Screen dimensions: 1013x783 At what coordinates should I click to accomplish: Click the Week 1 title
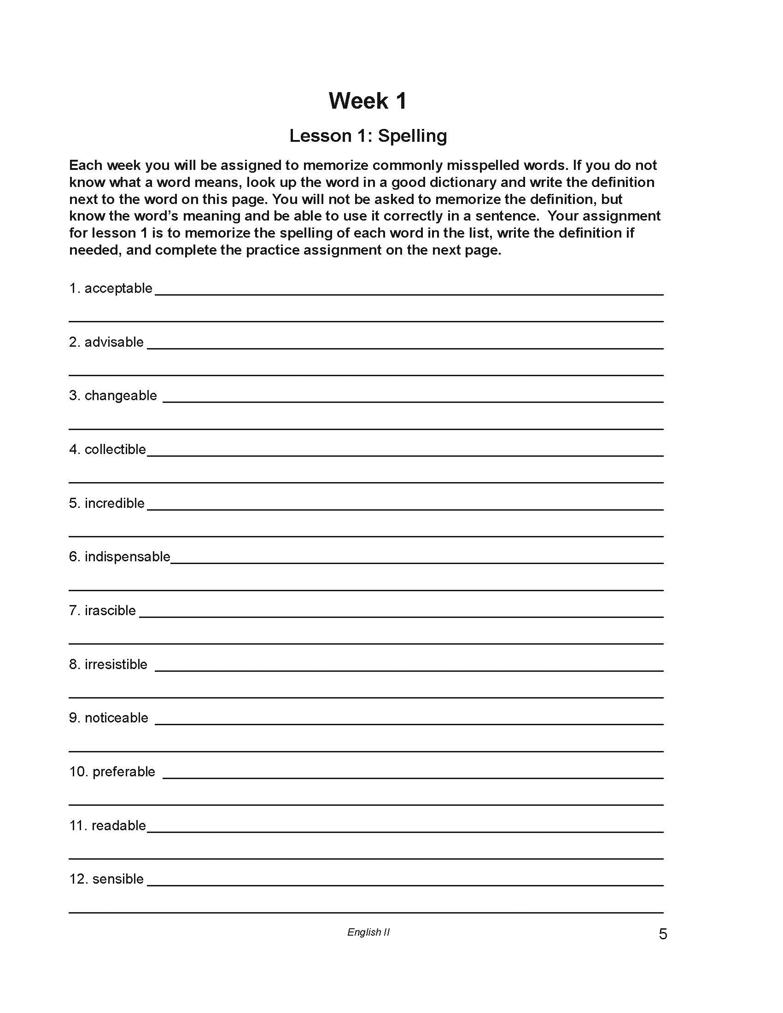tap(368, 101)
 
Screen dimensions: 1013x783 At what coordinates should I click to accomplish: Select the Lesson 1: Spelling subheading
tap(368, 136)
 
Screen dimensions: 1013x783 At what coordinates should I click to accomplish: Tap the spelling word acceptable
tap(118, 289)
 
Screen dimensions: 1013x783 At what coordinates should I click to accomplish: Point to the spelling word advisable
tap(114, 342)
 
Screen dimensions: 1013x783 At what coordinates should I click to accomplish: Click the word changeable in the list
tap(121, 396)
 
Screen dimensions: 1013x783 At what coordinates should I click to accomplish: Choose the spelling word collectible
tap(115, 449)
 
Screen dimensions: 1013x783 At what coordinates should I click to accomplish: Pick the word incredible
tap(115, 503)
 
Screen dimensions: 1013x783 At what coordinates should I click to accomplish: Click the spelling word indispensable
tap(128, 557)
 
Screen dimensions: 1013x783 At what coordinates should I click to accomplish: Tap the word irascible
tap(111, 611)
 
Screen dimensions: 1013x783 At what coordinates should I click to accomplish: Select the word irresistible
tap(116, 664)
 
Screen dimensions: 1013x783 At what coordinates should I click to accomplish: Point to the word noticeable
tap(117, 718)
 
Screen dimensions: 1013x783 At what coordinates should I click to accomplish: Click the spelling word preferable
tap(124, 772)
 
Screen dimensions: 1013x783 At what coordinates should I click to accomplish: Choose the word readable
tap(119, 826)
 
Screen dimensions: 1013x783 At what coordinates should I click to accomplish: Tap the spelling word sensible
tap(118, 879)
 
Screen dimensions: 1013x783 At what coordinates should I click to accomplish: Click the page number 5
tap(663, 934)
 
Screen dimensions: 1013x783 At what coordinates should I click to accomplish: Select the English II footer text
tap(368, 932)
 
